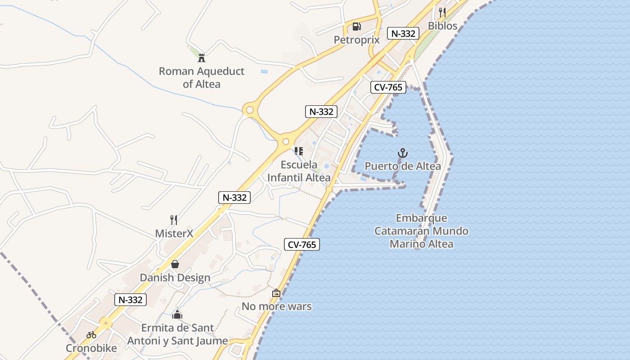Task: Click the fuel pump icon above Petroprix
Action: pyautogui.click(x=356, y=27)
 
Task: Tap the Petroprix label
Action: pyautogui.click(x=356, y=40)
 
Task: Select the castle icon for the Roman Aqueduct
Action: pyautogui.click(x=201, y=58)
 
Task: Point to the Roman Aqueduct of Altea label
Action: pyautogui.click(x=202, y=77)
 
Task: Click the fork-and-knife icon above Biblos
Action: pyautogui.click(x=442, y=12)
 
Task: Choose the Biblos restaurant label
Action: pyautogui.click(x=442, y=26)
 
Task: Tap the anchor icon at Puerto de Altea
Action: pyautogui.click(x=403, y=153)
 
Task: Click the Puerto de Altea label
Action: pyautogui.click(x=403, y=166)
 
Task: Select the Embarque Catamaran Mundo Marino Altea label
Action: pyautogui.click(x=421, y=231)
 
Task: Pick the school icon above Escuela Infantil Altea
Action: pyautogui.click(x=299, y=151)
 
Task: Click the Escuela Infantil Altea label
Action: pyautogui.click(x=299, y=171)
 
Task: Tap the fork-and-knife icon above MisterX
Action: pyautogui.click(x=174, y=220)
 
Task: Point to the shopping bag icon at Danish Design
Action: pyautogui.click(x=175, y=264)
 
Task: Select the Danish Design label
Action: pyautogui.click(x=175, y=278)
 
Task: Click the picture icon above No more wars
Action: pyautogui.click(x=276, y=293)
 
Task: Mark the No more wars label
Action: pyautogui.click(x=276, y=306)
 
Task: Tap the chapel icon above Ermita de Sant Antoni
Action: pyautogui.click(x=177, y=314)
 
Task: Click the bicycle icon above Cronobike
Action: pyautogui.click(x=91, y=335)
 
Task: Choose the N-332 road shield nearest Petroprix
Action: pyautogui.click(x=403, y=33)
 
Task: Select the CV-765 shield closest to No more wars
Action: pyautogui.click(x=301, y=244)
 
